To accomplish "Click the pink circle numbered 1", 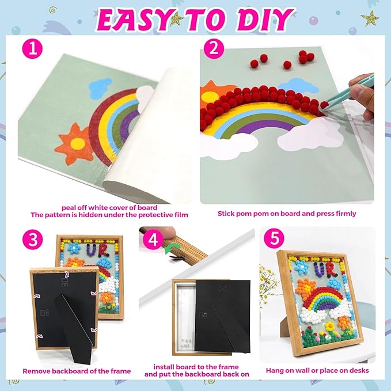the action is coord(32,48).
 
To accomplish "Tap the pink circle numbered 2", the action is coord(214,48).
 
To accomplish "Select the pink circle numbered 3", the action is coord(32,239).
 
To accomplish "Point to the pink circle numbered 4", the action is coord(153,240).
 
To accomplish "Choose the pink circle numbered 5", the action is coord(274,238).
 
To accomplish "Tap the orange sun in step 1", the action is coord(74,144).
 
